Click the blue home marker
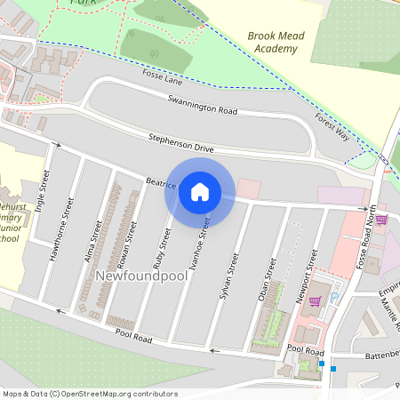(200, 190)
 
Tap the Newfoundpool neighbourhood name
(132, 276)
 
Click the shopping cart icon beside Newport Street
(314, 300)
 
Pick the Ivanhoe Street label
(204, 233)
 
